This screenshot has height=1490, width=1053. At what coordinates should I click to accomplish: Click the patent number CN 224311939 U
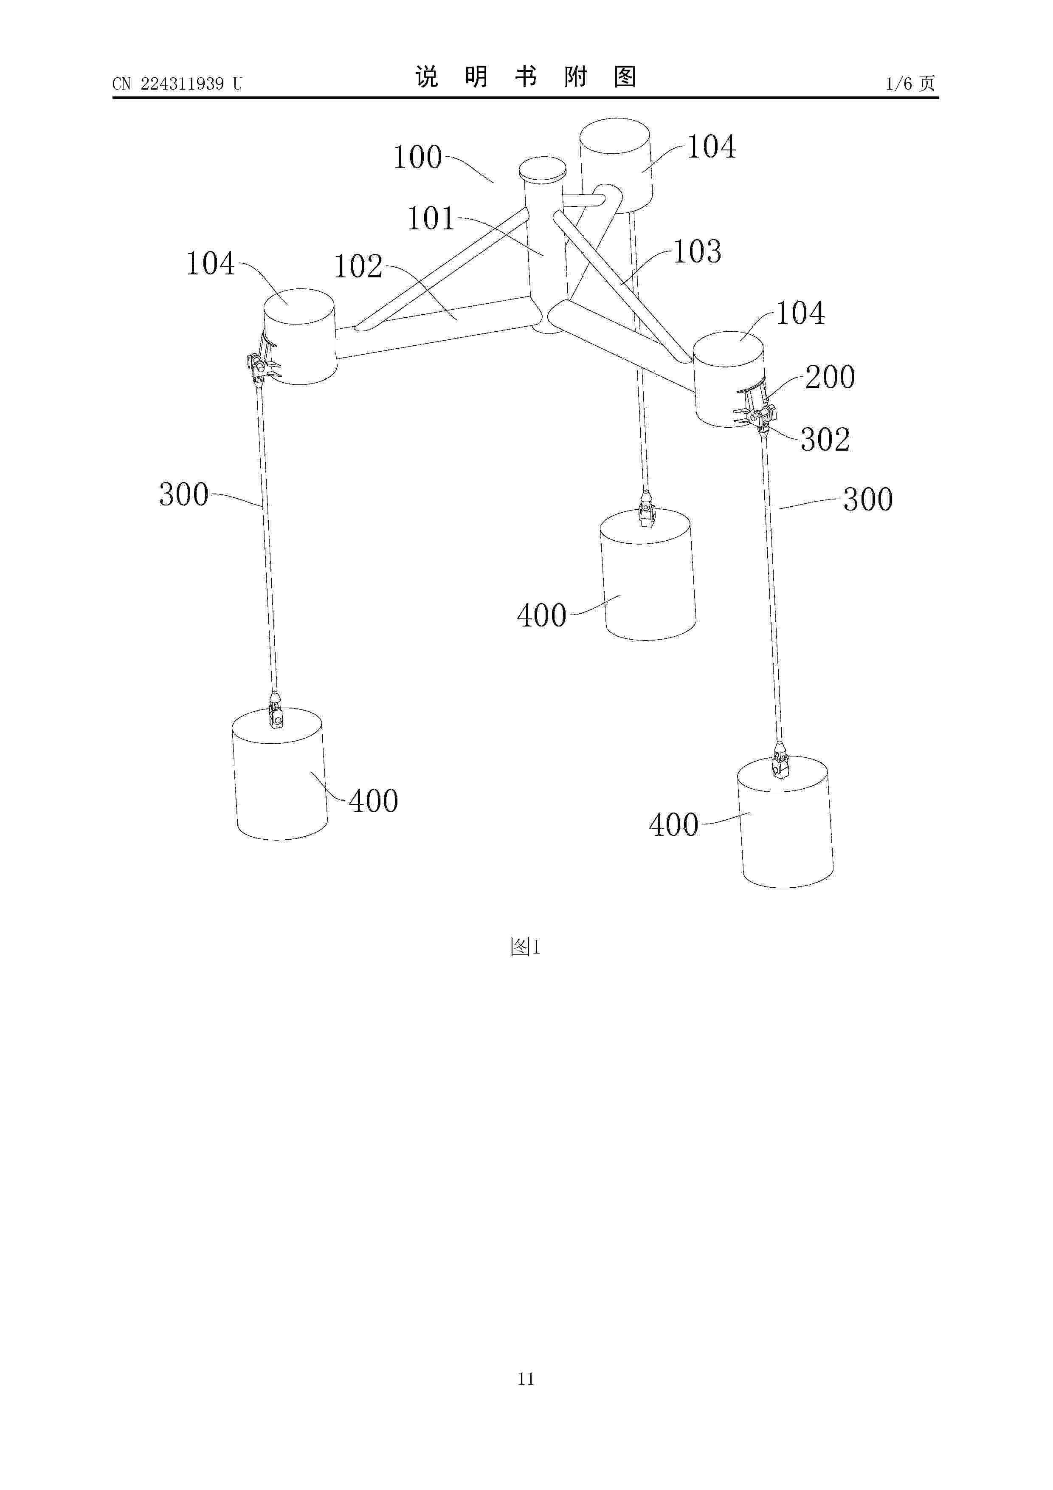point(177,84)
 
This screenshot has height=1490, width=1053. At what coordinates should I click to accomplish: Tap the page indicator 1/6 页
point(910,83)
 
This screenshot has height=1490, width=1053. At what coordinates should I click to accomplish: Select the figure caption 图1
point(526,947)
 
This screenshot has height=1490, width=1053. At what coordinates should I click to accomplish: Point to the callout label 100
point(418,157)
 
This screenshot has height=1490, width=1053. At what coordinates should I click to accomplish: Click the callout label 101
point(431,219)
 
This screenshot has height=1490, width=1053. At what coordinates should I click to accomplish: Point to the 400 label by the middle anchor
point(542,615)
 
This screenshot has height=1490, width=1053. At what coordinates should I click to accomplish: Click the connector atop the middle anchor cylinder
point(647,512)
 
